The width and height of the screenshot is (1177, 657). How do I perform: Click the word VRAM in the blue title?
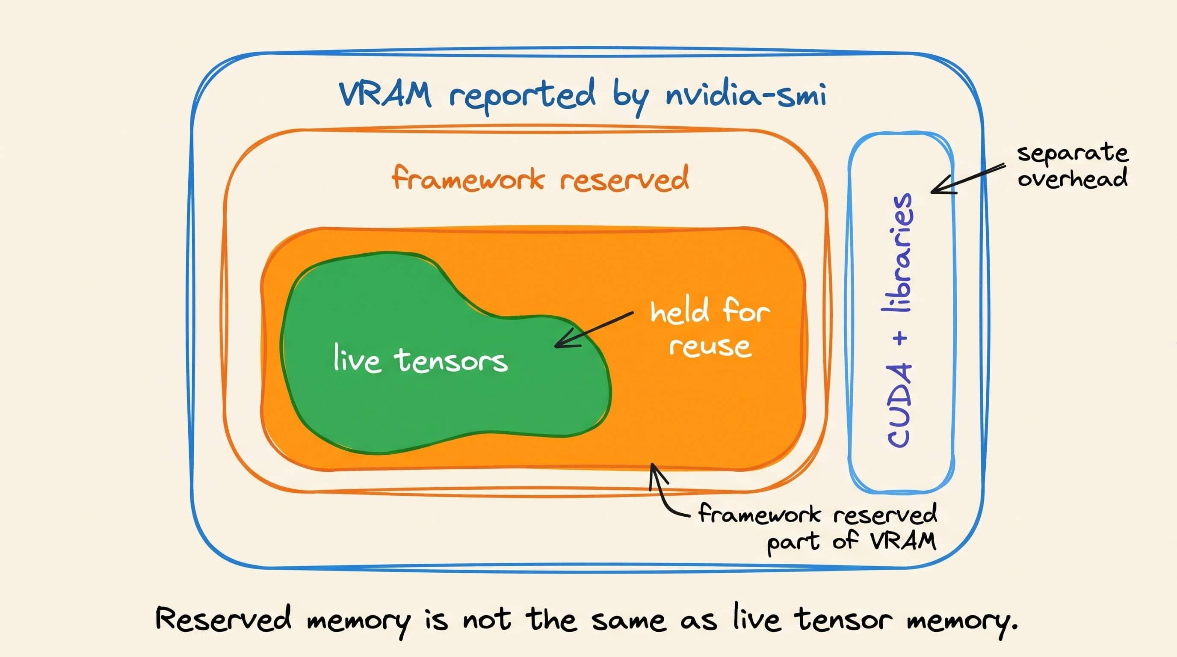click(385, 95)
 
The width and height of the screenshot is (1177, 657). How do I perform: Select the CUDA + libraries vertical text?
click(899, 320)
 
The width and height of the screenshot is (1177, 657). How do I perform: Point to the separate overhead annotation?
click(1072, 166)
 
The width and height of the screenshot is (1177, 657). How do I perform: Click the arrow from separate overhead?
click(968, 179)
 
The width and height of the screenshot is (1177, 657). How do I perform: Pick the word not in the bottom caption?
click(487, 621)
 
